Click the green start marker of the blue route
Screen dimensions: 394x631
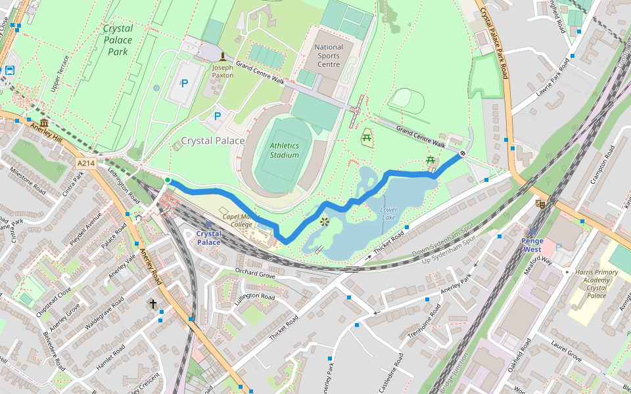tap(168, 181)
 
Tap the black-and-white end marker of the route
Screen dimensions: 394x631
tap(463, 154)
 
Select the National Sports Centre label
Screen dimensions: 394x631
tap(329, 56)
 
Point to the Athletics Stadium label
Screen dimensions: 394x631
tap(284, 150)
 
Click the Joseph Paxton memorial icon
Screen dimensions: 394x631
tap(222, 57)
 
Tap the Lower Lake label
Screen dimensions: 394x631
tap(389, 213)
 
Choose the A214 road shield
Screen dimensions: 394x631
tap(85, 163)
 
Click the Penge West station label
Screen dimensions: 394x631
tap(532, 245)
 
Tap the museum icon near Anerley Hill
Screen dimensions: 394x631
tap(43, 124)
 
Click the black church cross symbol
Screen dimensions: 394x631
tap(153, 304)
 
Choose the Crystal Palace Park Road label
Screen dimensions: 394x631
tap(494, 39)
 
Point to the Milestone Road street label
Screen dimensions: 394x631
tap(28, 181)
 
